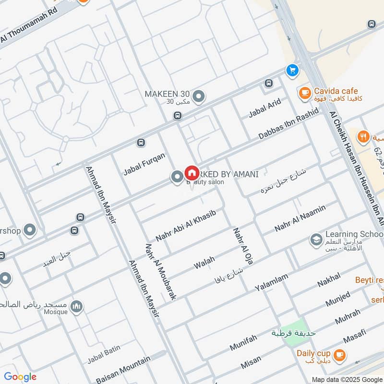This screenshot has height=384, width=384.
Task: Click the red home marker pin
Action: pyautogui.click(x=192, y=173)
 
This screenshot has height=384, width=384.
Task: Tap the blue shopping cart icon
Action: pyautogui.click(x=292, y=71)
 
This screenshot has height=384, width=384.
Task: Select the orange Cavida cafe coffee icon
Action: pyautogui.click(x=304, y=93)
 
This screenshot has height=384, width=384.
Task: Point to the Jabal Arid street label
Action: pyautogui.click(x=264, y=108)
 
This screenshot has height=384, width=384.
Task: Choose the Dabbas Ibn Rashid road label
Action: pyautogui.click(x=288, y=124)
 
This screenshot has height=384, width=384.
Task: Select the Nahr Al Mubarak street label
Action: pyautogui.click(x=160, y=271)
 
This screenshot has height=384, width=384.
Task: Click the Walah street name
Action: pyautogui.click(x=204, y=263)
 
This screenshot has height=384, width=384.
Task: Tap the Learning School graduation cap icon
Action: pyautogui.click(x=316, y=239)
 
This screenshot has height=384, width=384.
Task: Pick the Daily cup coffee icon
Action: pyautogui.click(x=339, y=354)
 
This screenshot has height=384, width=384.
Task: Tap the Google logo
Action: pyautogui.click(x=20, y=377)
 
